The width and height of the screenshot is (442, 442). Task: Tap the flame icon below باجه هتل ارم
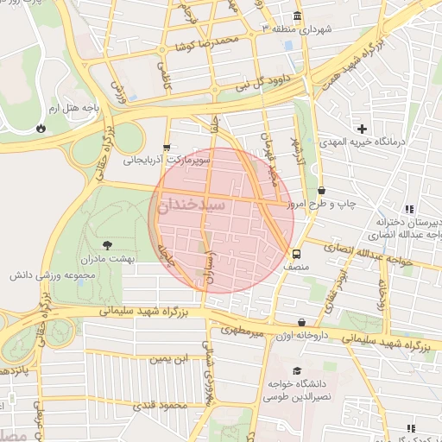41,128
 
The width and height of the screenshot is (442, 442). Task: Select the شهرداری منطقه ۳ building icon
298,17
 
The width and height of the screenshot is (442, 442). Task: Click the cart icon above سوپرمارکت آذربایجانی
167,147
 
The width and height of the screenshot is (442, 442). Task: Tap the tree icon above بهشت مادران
107,246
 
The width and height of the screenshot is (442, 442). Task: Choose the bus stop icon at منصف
297,255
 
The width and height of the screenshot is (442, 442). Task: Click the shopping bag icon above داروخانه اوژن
300,323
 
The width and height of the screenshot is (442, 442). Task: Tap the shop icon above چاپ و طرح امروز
321,191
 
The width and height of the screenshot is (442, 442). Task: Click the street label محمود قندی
161,405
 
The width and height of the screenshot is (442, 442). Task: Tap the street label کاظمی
162,78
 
